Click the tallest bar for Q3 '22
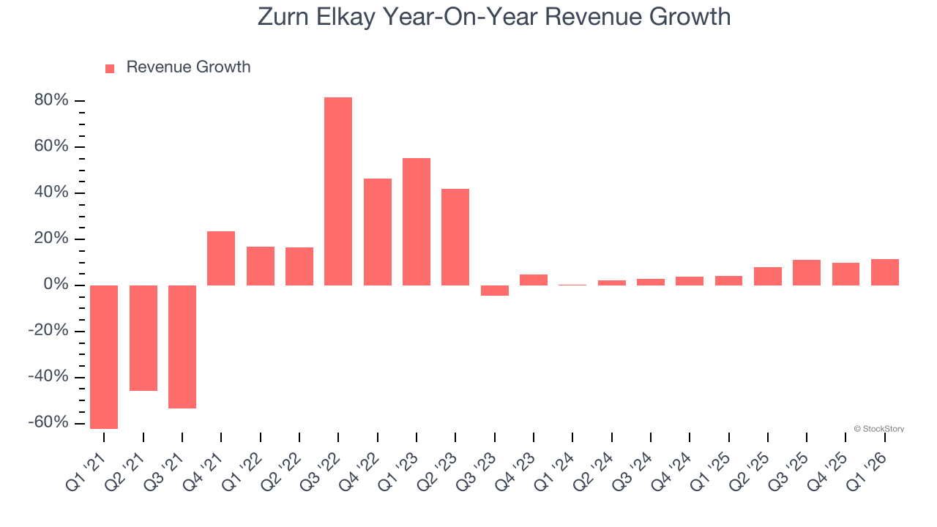(338, 191)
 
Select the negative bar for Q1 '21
(104, 356)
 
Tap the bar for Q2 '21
(143, 337)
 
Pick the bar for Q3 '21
(182, 346)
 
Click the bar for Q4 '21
(221, 258)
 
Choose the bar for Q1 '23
(417, 222)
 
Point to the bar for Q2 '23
(455, 237)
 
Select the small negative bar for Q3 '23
(495, 291)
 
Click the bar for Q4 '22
(378, 232)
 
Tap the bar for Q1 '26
(885, 272)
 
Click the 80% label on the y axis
(51, 100)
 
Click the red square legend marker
(110, 68)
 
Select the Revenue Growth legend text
(188, 67)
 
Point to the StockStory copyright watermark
(878, 429)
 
